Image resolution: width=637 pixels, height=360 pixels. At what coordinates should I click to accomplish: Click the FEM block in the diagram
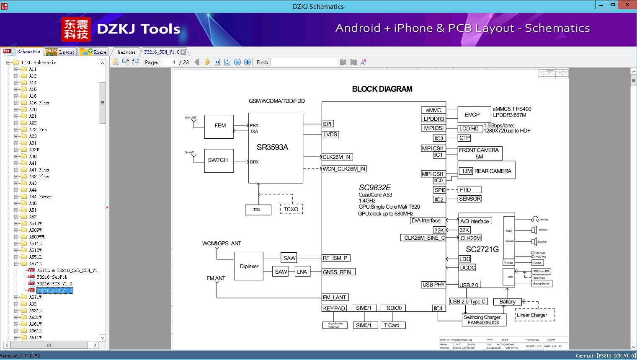[219, 126]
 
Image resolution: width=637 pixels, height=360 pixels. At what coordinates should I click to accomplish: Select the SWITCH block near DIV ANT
[218, 160]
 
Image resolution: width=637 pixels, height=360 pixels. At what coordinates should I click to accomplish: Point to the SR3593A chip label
[272, 147]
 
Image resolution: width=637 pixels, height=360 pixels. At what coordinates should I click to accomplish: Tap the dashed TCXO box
[291, 209]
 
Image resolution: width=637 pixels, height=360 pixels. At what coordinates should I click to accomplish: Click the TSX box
[257, 210]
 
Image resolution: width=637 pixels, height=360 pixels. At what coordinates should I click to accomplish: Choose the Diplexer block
[249, 266]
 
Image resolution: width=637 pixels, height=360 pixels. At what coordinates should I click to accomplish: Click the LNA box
[302, 272]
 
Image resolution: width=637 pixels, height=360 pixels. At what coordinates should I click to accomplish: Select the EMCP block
[472, 114]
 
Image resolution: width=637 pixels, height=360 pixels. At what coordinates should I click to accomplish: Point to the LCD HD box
[469, 129]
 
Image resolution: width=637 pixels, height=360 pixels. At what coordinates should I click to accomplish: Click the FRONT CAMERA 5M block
[479, 153]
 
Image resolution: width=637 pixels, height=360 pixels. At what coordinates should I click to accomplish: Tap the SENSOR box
[469, 199]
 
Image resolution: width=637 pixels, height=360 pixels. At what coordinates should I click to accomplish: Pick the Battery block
[507, 302]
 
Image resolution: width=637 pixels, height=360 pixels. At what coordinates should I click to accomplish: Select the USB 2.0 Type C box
[467, 301]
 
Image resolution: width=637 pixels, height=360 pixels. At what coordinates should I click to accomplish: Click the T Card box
[392, 325]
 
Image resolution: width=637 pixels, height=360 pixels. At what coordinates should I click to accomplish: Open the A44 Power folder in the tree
[40, 197]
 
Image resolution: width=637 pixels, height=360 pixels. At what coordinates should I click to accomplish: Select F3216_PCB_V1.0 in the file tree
[54, 284]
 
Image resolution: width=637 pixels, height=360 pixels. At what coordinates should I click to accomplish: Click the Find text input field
[304, 62]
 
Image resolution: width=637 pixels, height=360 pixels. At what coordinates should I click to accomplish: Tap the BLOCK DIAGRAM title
[382, 89]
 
